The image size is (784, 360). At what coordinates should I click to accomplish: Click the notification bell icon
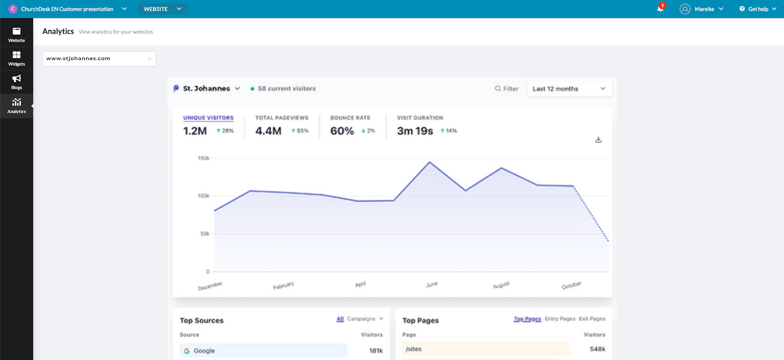(x=660, y=9)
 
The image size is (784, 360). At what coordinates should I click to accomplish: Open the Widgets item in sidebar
(x=16, y=59)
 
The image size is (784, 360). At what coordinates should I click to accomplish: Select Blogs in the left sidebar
(x=16, y=82)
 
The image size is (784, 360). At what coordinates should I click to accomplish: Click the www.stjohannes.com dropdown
(x=99, y=59)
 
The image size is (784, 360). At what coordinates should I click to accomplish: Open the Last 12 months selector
(x=569, y=89)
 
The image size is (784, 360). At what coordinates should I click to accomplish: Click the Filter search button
(x=506, y=89)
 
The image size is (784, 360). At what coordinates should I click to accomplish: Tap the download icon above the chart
(x=598, y=140)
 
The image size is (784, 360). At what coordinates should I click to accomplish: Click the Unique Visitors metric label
(x=208, y=118)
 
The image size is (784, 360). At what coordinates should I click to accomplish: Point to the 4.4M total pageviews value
(x=268, y=131)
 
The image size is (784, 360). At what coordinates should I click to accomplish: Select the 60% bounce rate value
(x=342, y=131)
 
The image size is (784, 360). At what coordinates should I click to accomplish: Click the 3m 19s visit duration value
(x=415, y=131)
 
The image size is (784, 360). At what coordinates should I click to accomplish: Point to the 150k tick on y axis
(x=203, y=158)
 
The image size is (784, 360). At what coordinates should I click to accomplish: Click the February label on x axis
(x=283, y=286)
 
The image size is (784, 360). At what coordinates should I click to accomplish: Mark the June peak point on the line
(x=430, y=162)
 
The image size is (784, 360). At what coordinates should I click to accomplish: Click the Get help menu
(x=758, y=9)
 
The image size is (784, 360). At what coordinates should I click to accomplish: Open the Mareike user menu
(x=701, y=9)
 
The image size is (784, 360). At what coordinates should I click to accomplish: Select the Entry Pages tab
(x=560, y=319)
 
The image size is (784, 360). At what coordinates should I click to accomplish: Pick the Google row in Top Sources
(x=264, y=351)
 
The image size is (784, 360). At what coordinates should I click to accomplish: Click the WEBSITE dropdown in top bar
(x=162, y=9)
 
